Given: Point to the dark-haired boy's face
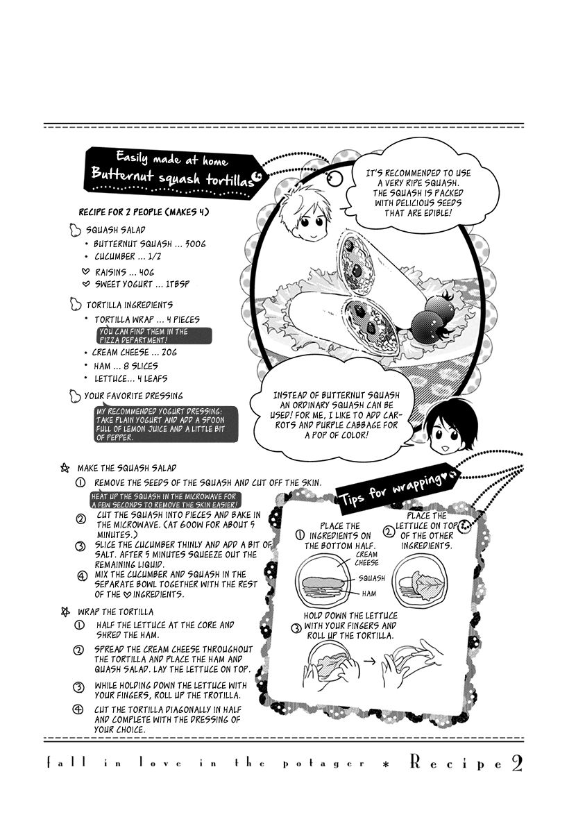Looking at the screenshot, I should pos(445,433).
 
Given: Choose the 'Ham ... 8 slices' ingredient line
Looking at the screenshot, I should pos(125,366).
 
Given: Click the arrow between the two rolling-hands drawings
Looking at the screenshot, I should pos(369,662).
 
